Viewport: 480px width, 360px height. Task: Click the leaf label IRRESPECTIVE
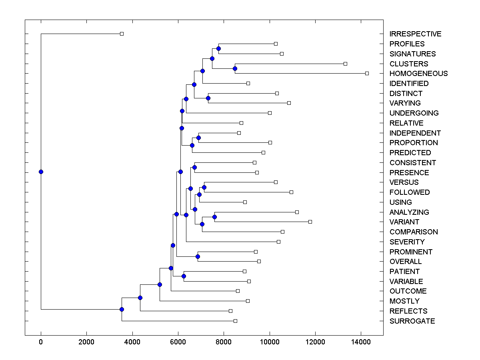[x=415, y=34]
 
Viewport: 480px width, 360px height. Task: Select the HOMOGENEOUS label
[x=418, y=74]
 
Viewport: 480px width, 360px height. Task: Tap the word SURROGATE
[x=412, y=321]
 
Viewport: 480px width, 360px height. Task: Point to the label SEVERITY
[x=407, y=242]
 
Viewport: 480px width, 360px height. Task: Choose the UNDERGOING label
[x=414, y=113]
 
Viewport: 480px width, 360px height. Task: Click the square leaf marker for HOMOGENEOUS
[x=367, y=73]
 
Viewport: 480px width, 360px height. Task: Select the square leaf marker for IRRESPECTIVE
[x=122, y=34]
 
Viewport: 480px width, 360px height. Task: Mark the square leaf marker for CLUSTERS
[x=346, y=64]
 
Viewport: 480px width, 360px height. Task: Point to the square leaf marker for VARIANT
[x=310, y=222]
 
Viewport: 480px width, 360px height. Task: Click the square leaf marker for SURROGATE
[x=235, y=321]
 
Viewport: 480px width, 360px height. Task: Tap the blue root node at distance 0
[x=41, y=172]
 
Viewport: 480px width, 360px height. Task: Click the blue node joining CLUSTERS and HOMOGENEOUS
[x=235, y=68]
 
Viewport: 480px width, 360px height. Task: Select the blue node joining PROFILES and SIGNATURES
[x=218, y=49]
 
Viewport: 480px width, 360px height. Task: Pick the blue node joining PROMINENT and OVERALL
[x=198, y=256]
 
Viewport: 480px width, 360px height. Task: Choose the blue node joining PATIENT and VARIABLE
[x=184, y=276]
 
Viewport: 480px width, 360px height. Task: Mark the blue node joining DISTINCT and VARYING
[x=208, y=98]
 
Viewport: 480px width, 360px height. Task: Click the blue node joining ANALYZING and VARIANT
[x=214, y=217]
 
